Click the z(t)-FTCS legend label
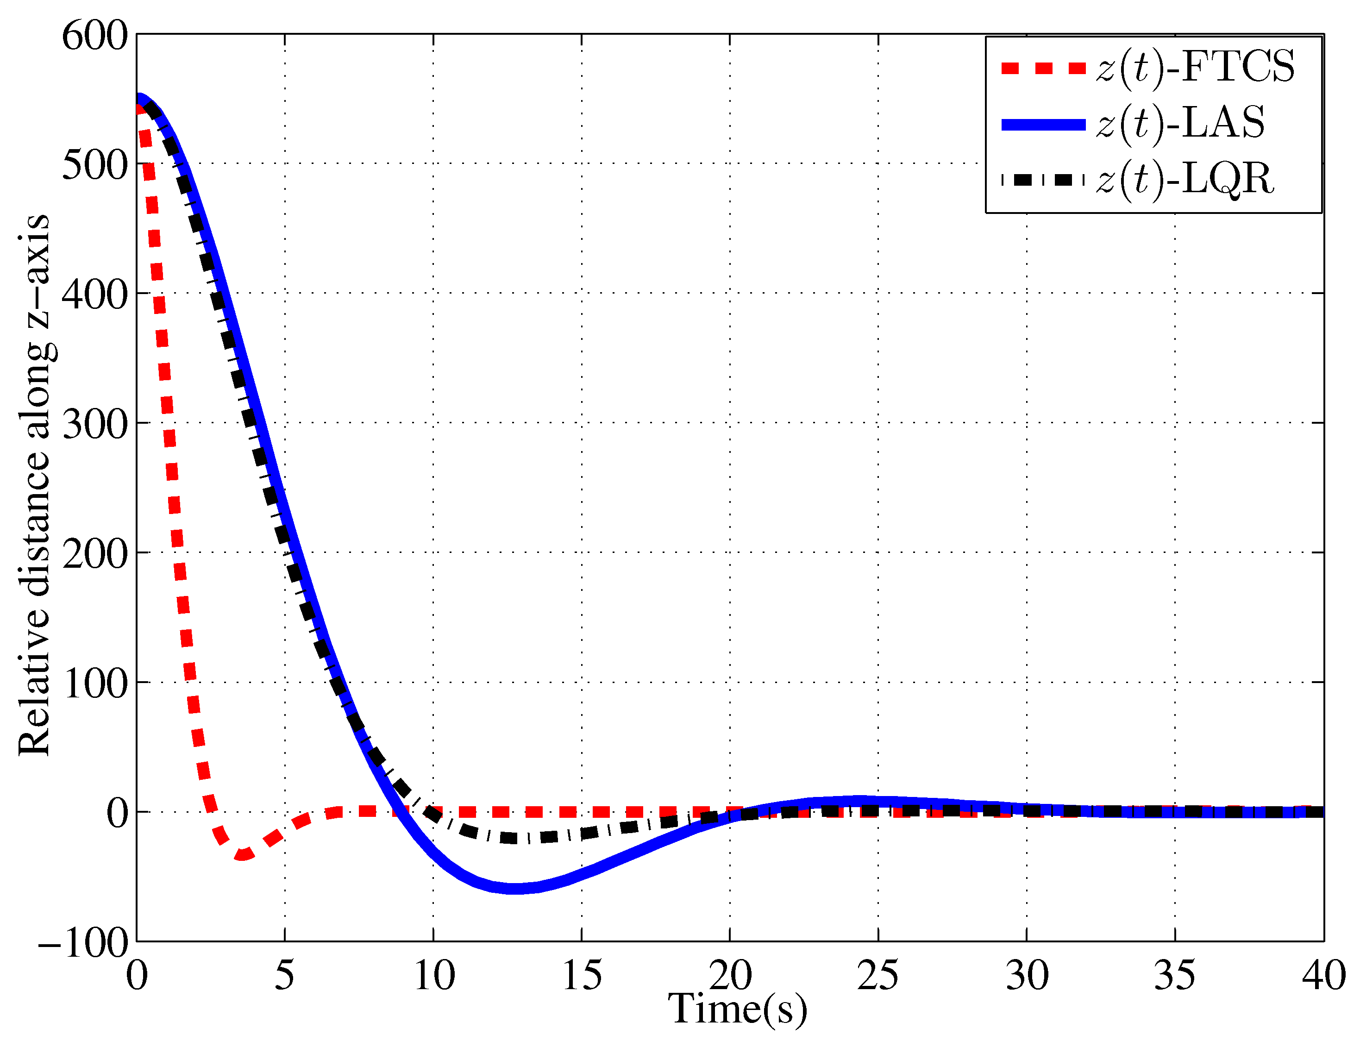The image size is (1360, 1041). tap(1195, 67)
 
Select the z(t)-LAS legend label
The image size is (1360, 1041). tap(1180, 123)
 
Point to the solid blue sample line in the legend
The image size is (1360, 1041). tap(1043, 125)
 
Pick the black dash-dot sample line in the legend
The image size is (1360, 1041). tap(1043, 180)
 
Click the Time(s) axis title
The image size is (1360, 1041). tap(737, 1009)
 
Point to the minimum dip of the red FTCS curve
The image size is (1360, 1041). tap(243, 856)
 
